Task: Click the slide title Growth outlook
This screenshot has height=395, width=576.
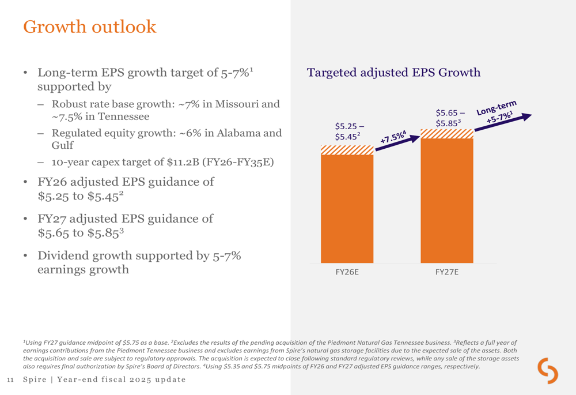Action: (89, 27)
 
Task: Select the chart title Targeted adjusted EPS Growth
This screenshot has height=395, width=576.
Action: (393, 73)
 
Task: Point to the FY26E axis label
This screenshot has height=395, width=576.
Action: (347, 272)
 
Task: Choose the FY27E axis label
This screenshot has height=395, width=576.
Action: (447, 272)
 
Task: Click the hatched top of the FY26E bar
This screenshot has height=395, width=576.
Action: (347, 150)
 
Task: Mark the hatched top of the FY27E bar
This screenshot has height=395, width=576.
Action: (447, 134)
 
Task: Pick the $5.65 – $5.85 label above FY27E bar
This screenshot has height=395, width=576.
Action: (450, 118)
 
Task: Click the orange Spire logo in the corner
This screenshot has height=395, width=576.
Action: (548, 370)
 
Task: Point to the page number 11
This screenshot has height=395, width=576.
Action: (10, 379)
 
